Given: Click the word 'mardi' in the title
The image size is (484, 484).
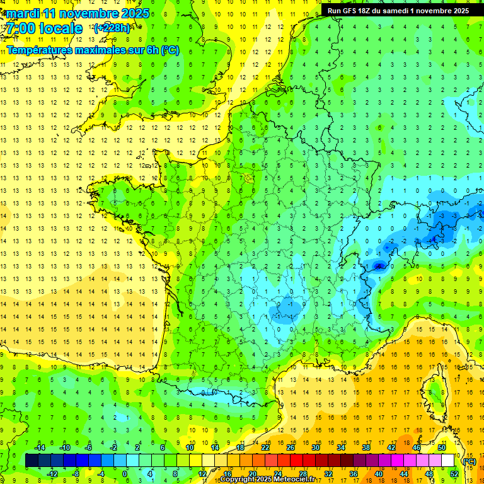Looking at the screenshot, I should tap(23, 13).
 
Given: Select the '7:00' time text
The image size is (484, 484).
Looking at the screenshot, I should tap(21, 28).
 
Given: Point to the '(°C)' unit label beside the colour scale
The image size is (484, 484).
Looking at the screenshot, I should tap(469, 461).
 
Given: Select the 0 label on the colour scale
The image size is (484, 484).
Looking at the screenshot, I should tap(125, 473).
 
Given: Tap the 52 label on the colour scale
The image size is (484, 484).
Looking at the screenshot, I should tap(454, 473).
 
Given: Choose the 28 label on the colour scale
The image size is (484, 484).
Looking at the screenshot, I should tap(302, 473).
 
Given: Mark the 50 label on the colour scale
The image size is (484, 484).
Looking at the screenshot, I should tap(441, 447).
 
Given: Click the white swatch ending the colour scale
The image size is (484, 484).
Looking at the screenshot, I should tap(447, 461).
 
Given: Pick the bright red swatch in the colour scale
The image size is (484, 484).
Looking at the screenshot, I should tap(296, 461).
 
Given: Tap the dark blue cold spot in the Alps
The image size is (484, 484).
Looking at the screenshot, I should tap(378, 266).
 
